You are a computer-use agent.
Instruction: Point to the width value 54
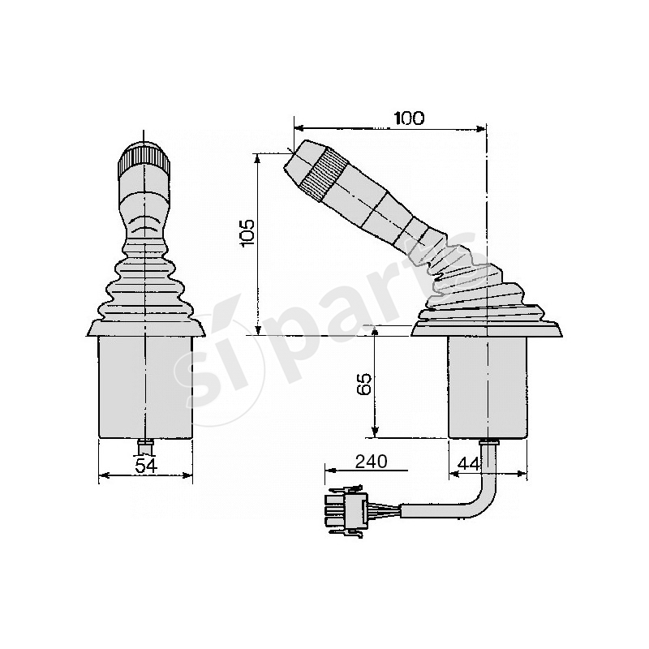145,465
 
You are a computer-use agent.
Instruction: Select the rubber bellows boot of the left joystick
145,284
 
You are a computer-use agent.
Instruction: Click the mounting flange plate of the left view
145,329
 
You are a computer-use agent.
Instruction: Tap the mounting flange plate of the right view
487,329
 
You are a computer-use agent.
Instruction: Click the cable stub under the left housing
145,445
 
